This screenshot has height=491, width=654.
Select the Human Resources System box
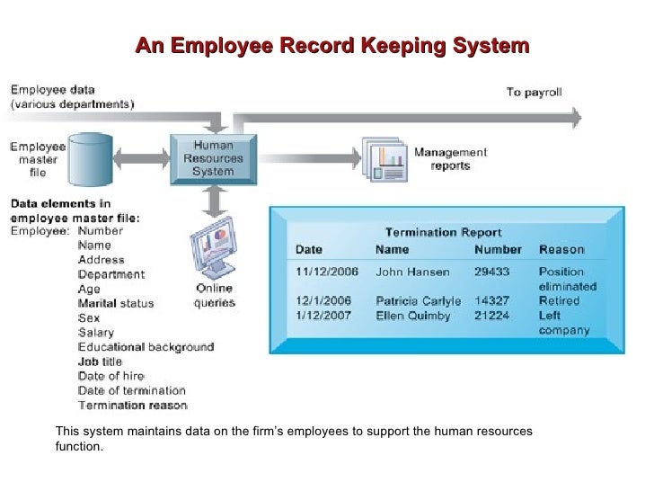(213, 158)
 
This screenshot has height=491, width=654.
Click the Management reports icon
(384, 160)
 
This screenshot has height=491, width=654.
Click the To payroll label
(535, 92)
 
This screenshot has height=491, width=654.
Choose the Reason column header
(561, 250)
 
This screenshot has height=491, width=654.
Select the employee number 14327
(491, 300)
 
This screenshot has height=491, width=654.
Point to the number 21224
(491, 315)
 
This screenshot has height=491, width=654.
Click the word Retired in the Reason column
(559, 300)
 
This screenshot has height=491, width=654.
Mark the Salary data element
(96, 333)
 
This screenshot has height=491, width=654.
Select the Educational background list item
(146, 347)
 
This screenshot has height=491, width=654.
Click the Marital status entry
(116, 304)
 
